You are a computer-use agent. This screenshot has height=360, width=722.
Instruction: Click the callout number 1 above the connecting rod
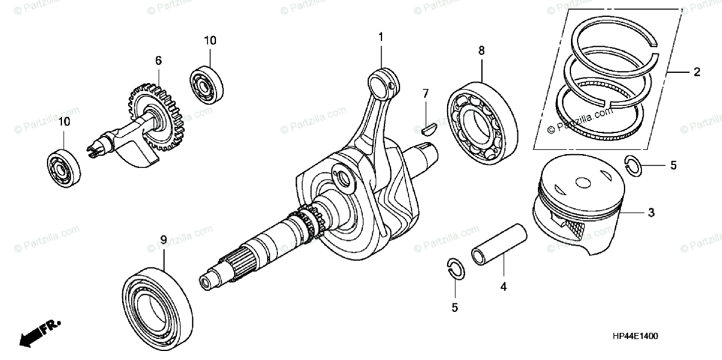pos(380,38)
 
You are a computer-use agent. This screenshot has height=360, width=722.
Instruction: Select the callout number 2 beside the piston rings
pos(697,72)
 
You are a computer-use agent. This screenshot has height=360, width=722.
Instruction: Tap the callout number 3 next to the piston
pos(651,213)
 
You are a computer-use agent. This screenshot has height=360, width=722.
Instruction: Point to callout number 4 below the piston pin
pos(503,287)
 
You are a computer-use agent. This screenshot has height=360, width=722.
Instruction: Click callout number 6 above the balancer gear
pos(158,60)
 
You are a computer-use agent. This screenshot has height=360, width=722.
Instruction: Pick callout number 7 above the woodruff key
pos(425,93)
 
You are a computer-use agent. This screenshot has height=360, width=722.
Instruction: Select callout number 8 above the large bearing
pos(481,51)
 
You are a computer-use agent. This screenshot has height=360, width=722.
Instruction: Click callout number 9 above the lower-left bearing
pos(164,240)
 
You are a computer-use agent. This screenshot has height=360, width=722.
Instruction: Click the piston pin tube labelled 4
pos(499,244)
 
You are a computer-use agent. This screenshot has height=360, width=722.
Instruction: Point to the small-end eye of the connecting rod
pos(383,79)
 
